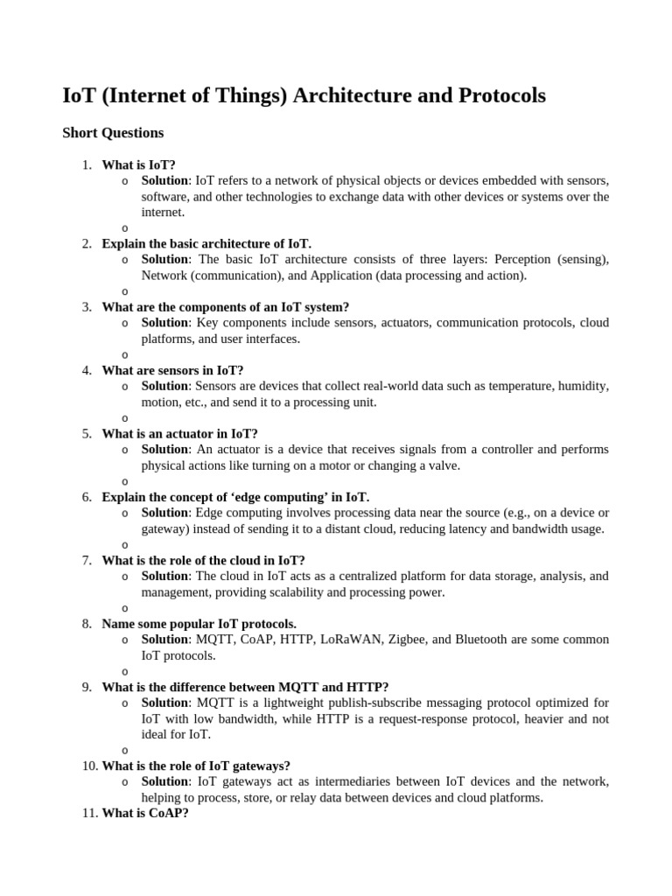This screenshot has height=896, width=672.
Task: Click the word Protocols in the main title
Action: point(501,96)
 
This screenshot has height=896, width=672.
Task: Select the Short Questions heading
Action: point(113,133)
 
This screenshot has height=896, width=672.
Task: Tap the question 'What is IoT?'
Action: point(138,164)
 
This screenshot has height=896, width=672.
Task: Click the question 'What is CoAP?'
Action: point(145,813)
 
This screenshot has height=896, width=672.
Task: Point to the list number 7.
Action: point(87,560)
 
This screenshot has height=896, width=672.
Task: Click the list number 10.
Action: point(90,766)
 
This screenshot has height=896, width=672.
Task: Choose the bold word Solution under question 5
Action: point(164,450)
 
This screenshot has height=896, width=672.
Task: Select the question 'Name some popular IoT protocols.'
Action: point(199,624)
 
